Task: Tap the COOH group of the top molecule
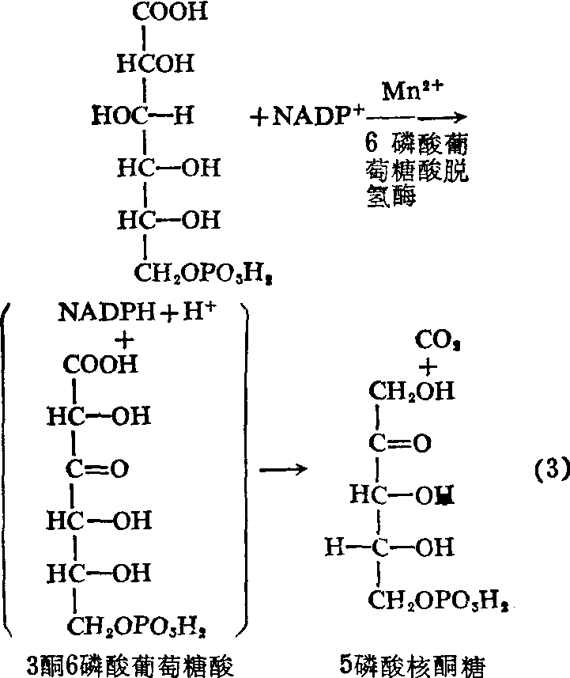tap(169, 13)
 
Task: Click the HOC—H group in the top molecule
tap(142, 117)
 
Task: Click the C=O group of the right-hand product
tap(400, 444)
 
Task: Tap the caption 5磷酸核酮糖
tap(428, 660)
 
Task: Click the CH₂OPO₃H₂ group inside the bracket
tap(139, 627)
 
